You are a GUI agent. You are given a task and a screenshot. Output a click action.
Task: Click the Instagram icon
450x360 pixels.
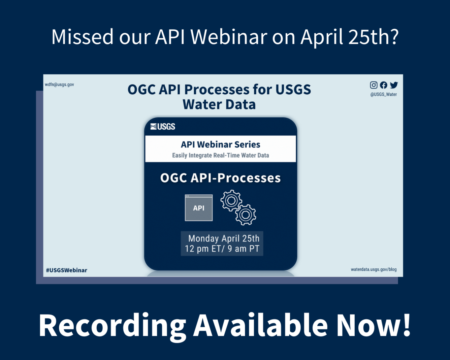pos(374,85)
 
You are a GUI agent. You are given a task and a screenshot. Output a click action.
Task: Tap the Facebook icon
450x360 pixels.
pos(384,85)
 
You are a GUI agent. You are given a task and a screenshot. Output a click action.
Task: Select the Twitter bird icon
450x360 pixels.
pos(394,85)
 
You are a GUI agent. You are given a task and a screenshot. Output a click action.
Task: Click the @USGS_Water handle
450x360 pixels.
pos(384,95)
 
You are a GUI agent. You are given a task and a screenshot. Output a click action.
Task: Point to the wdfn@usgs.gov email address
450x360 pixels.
pos(60,85)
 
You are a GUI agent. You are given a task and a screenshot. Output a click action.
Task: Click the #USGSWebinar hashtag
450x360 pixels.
pos(67,270)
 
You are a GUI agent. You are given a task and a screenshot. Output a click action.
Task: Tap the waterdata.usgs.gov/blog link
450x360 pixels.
pos(374,269)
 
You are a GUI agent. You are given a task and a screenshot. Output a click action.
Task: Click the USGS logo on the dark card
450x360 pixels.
pos(163,127)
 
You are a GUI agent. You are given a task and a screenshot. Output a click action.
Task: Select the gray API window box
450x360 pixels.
pos(199,208)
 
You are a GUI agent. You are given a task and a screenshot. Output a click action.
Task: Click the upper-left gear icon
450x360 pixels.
pos(231,200)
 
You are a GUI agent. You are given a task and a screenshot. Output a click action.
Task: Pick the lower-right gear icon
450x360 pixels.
pos(246,215)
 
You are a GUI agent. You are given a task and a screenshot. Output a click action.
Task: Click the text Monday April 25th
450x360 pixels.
pos(224,238)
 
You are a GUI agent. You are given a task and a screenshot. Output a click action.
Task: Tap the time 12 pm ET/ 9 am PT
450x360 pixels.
pos(222,249)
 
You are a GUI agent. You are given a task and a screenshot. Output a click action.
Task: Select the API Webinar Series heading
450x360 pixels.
pos(221,144)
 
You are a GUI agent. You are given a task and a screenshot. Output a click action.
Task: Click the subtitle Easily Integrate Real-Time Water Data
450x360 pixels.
pos(221,155)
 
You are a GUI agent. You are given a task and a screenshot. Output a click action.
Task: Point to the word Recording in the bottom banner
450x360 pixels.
pos(112,326)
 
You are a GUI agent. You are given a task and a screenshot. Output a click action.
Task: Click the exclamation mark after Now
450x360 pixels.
pos(407,325)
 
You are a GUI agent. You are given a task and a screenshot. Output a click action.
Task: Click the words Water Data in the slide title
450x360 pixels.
pos(219,104)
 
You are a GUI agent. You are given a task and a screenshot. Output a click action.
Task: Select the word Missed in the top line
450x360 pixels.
pos(82,37)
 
